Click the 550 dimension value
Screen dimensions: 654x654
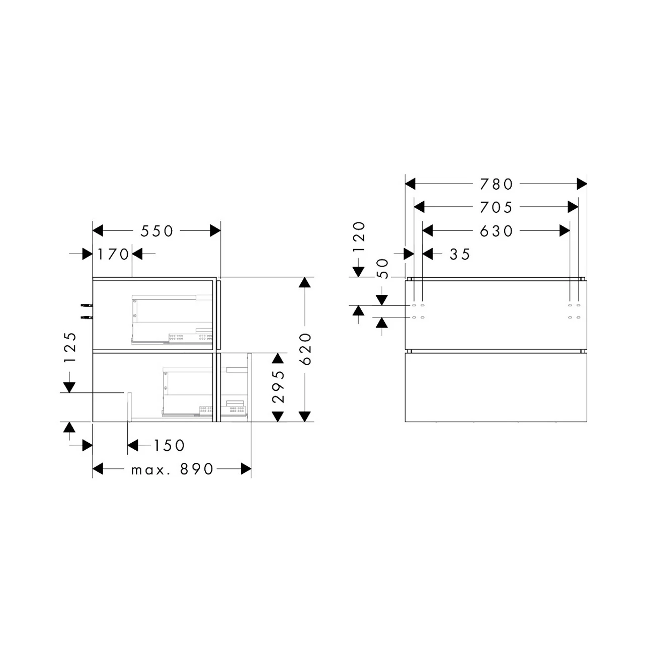(x=157, y=231)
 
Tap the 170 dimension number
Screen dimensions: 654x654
(x=113, y=254)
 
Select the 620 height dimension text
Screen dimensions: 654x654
(x=305, y=349)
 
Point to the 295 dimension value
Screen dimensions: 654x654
(x=278, y=386)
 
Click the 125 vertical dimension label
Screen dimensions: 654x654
(x=70, y=347)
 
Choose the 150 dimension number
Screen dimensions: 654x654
(x=170, y=445)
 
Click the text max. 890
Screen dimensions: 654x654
(x=172, y=469)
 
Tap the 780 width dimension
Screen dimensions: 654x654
(x=496, y=184)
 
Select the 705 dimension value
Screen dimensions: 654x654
(x=496, y=207)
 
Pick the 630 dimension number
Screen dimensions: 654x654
(x=496, y=231)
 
